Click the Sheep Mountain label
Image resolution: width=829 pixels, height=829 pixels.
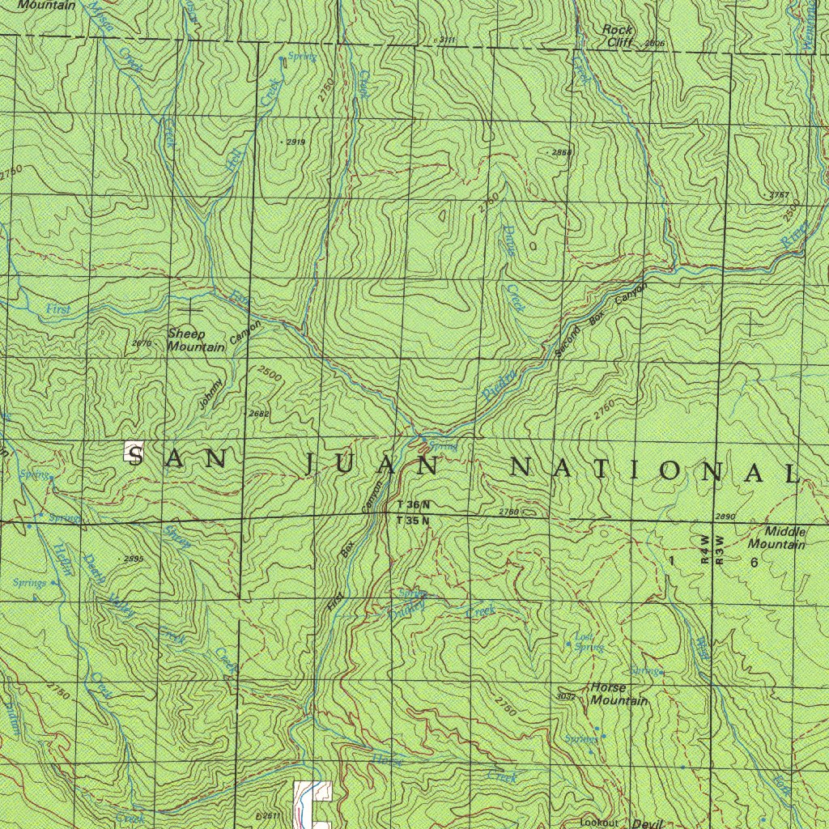tap(197, 340)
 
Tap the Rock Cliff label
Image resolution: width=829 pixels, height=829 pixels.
tap(619, 36)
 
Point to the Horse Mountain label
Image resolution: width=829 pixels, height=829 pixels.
tap(619, 694)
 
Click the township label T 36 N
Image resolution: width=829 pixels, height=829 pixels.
tap(414, 505)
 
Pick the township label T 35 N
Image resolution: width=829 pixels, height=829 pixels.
tap(414, 521)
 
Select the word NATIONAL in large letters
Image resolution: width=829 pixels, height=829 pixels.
tap(654, 470)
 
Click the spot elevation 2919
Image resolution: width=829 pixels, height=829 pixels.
tap(295, 142)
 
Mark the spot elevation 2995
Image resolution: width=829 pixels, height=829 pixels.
tap(133, 559)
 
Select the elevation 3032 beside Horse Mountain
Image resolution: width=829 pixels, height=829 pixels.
tap(566, 696)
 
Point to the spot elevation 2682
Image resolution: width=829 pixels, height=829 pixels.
tap(259, 414)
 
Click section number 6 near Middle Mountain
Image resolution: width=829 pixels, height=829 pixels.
tap(754, 563)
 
